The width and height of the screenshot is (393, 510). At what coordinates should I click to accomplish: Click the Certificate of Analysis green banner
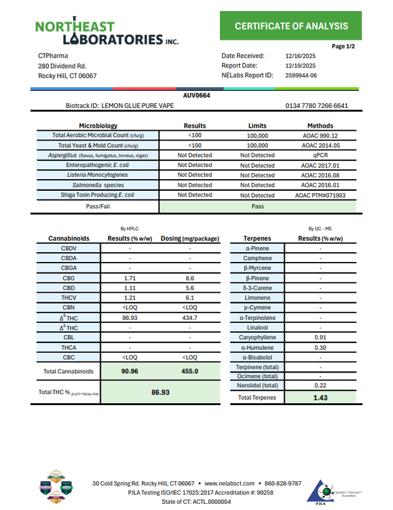(291, 26)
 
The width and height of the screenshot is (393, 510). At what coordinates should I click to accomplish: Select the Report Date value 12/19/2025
(300, 66)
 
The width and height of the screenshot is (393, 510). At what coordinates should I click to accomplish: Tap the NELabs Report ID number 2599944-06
(302, 75)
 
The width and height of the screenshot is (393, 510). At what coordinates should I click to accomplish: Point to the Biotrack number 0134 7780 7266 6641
(317, 106)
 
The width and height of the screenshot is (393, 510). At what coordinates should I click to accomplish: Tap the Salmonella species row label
(96, 185)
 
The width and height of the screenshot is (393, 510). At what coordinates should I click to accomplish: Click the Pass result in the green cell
(258, 206)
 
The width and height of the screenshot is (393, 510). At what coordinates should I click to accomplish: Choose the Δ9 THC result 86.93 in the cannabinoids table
(130, 318)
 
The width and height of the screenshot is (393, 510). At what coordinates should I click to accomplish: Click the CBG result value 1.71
(130, 279)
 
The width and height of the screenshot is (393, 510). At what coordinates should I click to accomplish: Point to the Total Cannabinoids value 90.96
(130, 371)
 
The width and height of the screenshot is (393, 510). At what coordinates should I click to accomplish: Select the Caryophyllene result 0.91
(320, 338)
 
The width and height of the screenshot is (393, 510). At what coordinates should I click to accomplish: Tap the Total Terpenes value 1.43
(320, 398)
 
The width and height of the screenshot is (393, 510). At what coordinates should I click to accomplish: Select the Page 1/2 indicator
(343, 47)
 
